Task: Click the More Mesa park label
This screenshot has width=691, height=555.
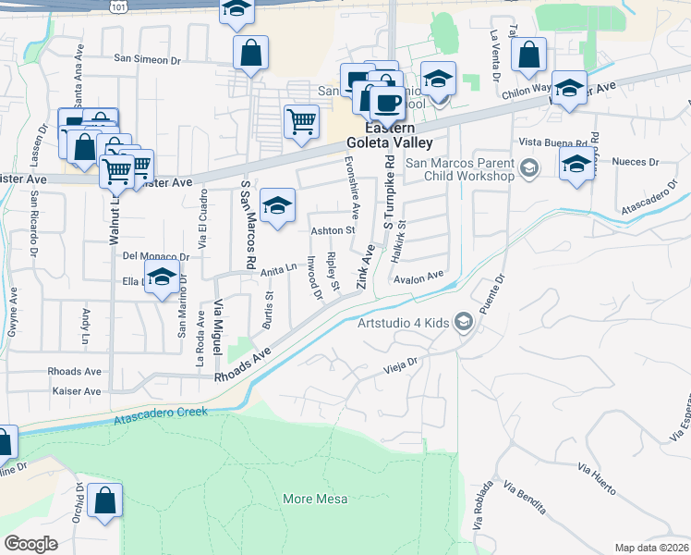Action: [x=315, y=499]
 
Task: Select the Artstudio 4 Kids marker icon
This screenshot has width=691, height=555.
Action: [x=464, y=322]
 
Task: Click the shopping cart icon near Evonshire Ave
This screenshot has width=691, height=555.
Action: [x=302, y=120]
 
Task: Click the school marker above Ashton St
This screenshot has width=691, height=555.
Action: [x=276, y=205]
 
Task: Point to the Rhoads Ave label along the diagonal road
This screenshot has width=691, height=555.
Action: [x=242, y=365]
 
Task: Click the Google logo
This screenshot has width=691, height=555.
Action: [x=31, y=544]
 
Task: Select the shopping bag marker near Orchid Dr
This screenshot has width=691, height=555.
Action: [x=106, y=500]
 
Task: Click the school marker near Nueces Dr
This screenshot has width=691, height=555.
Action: [x=576, y=165]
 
